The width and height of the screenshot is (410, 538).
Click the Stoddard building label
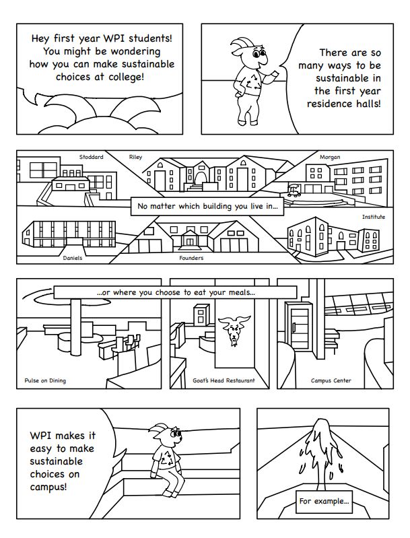[x=91, y=157]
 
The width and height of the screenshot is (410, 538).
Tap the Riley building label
[x=135, y=157]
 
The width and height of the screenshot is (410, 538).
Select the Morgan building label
[x=330, y=157]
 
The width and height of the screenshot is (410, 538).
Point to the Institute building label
[x=374, y=217]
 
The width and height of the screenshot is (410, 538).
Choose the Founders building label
[x=191, y=258]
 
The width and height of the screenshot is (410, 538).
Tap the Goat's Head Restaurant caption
[x=224, y=380]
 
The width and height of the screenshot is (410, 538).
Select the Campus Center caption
[x=331, y=380]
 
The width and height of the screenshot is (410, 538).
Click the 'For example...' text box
[x=324, y=501]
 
